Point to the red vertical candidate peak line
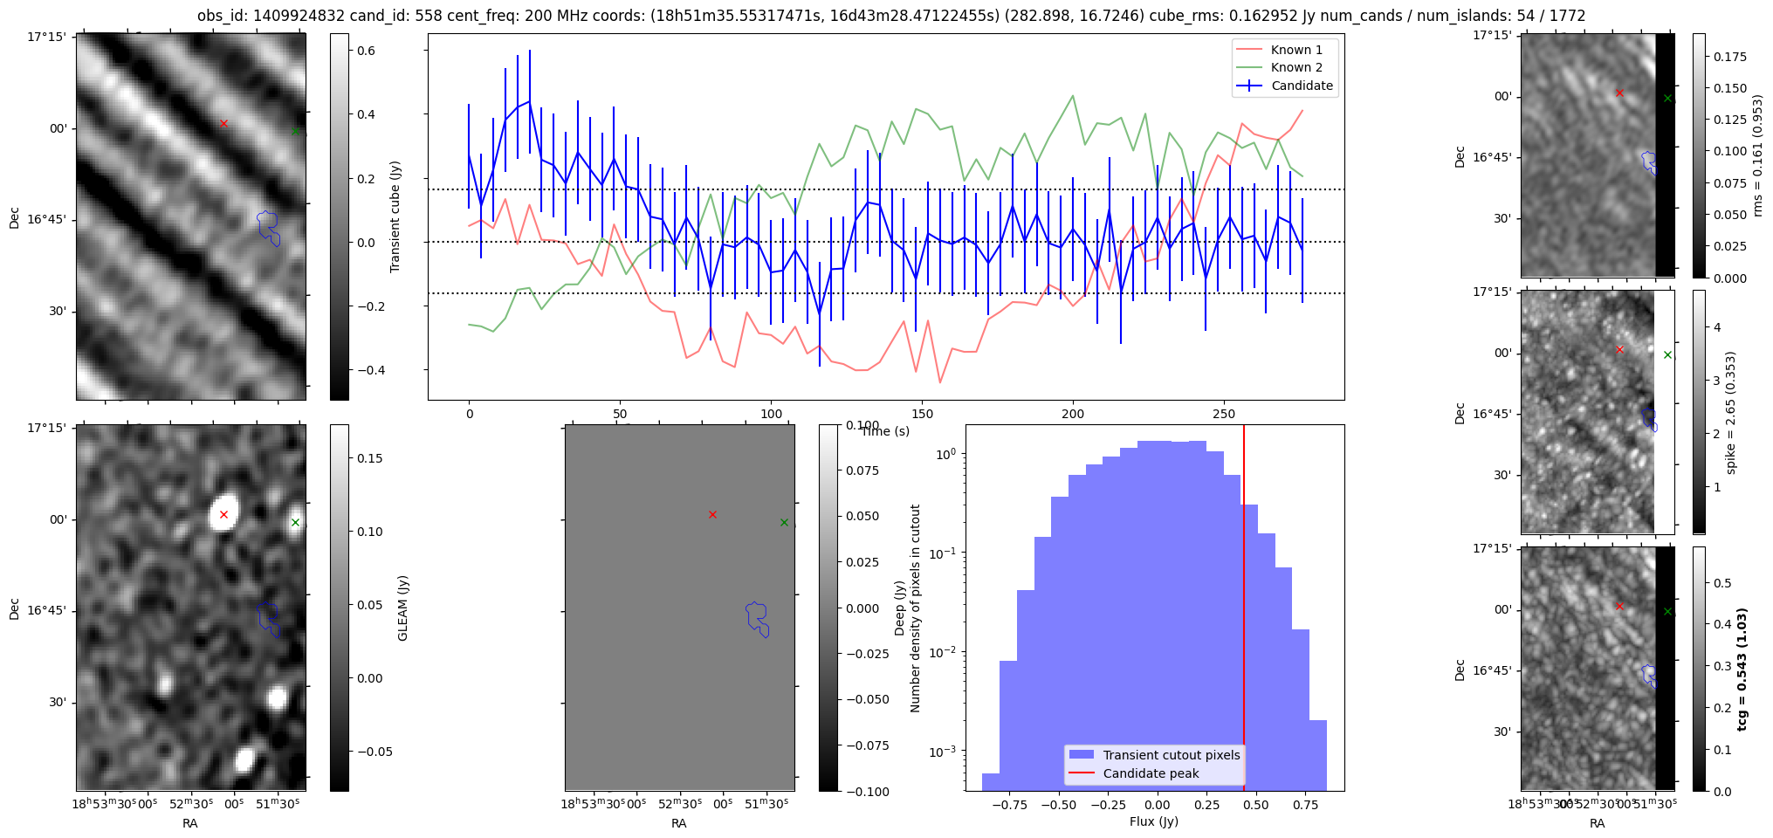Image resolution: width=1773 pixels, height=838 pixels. (1244, 611)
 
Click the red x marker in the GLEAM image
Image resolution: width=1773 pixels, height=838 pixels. (223, 515)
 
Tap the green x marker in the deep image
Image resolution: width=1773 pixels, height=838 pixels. (784, 523)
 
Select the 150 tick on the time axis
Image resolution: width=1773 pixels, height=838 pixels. (922, 414)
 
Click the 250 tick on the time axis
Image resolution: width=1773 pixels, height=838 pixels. (1224, 414)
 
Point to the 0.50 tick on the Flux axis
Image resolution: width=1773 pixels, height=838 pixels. (1255, 805)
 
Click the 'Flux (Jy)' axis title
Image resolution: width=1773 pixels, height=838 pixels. (1153, 821)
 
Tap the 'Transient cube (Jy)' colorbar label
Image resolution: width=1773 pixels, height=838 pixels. (395, 216)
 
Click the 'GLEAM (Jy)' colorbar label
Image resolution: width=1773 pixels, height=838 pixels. (402, 608)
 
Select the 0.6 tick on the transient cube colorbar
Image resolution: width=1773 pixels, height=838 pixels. (366, 51)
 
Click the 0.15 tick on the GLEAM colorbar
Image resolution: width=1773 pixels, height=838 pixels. (370, 458)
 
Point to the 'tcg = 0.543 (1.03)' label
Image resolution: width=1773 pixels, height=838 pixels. (1742, 670)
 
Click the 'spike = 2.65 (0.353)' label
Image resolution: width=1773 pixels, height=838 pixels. (1730, 413)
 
